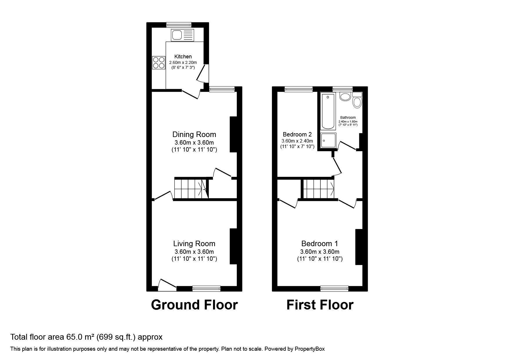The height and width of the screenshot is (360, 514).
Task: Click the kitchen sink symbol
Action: [x=182, y=35]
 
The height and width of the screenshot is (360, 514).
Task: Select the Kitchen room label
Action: [x=183, y=57]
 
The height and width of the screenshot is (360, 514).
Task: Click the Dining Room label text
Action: [x=194, y=134]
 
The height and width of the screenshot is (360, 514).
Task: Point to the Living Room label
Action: [x=194, y=244]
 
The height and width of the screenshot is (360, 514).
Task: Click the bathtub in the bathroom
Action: [x=328, y=111]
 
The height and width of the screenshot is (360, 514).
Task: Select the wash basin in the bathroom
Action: [x=345, y=97]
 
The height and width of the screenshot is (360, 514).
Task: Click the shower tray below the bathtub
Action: [x=328, y=140]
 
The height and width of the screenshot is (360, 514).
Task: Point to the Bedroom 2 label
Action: [x=297, y=134]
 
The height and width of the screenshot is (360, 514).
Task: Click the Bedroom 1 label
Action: [x=320, y=244]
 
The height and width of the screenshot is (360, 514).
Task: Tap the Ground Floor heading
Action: [x=194, y=305]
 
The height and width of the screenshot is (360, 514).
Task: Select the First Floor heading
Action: [x=320, y=305]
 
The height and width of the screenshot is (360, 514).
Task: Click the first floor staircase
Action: [x=319, y=188]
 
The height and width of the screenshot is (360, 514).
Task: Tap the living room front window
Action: [x=206, y=288]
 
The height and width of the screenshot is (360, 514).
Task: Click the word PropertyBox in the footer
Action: [x=310, y=349]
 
